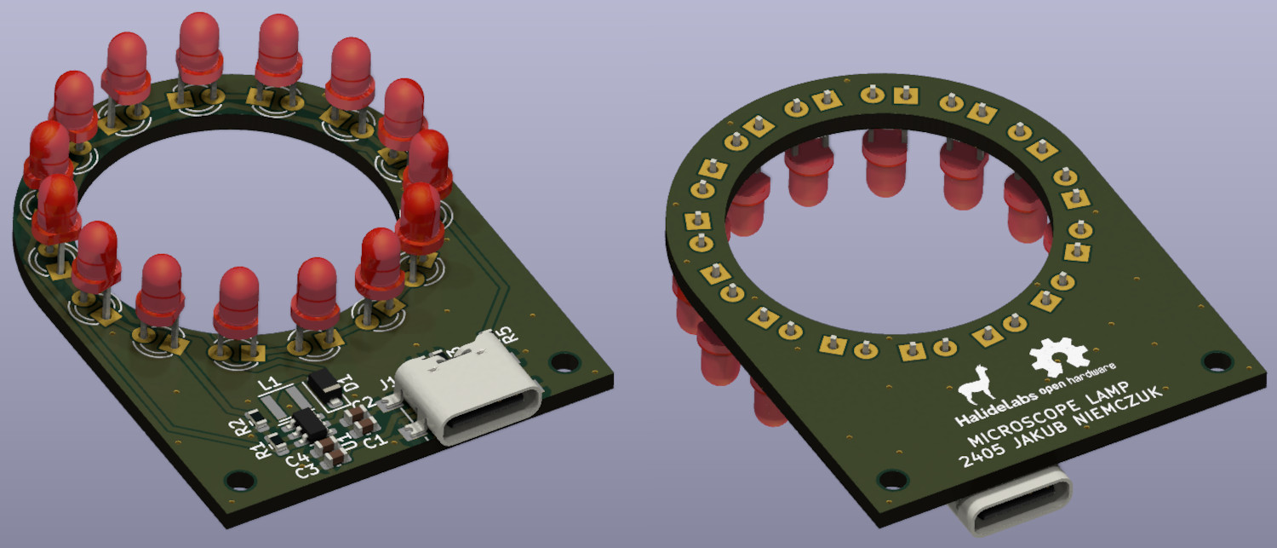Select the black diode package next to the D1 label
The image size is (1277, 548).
(324, 384)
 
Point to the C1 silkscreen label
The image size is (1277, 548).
(373, 442)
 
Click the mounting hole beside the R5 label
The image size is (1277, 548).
(559, 362)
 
